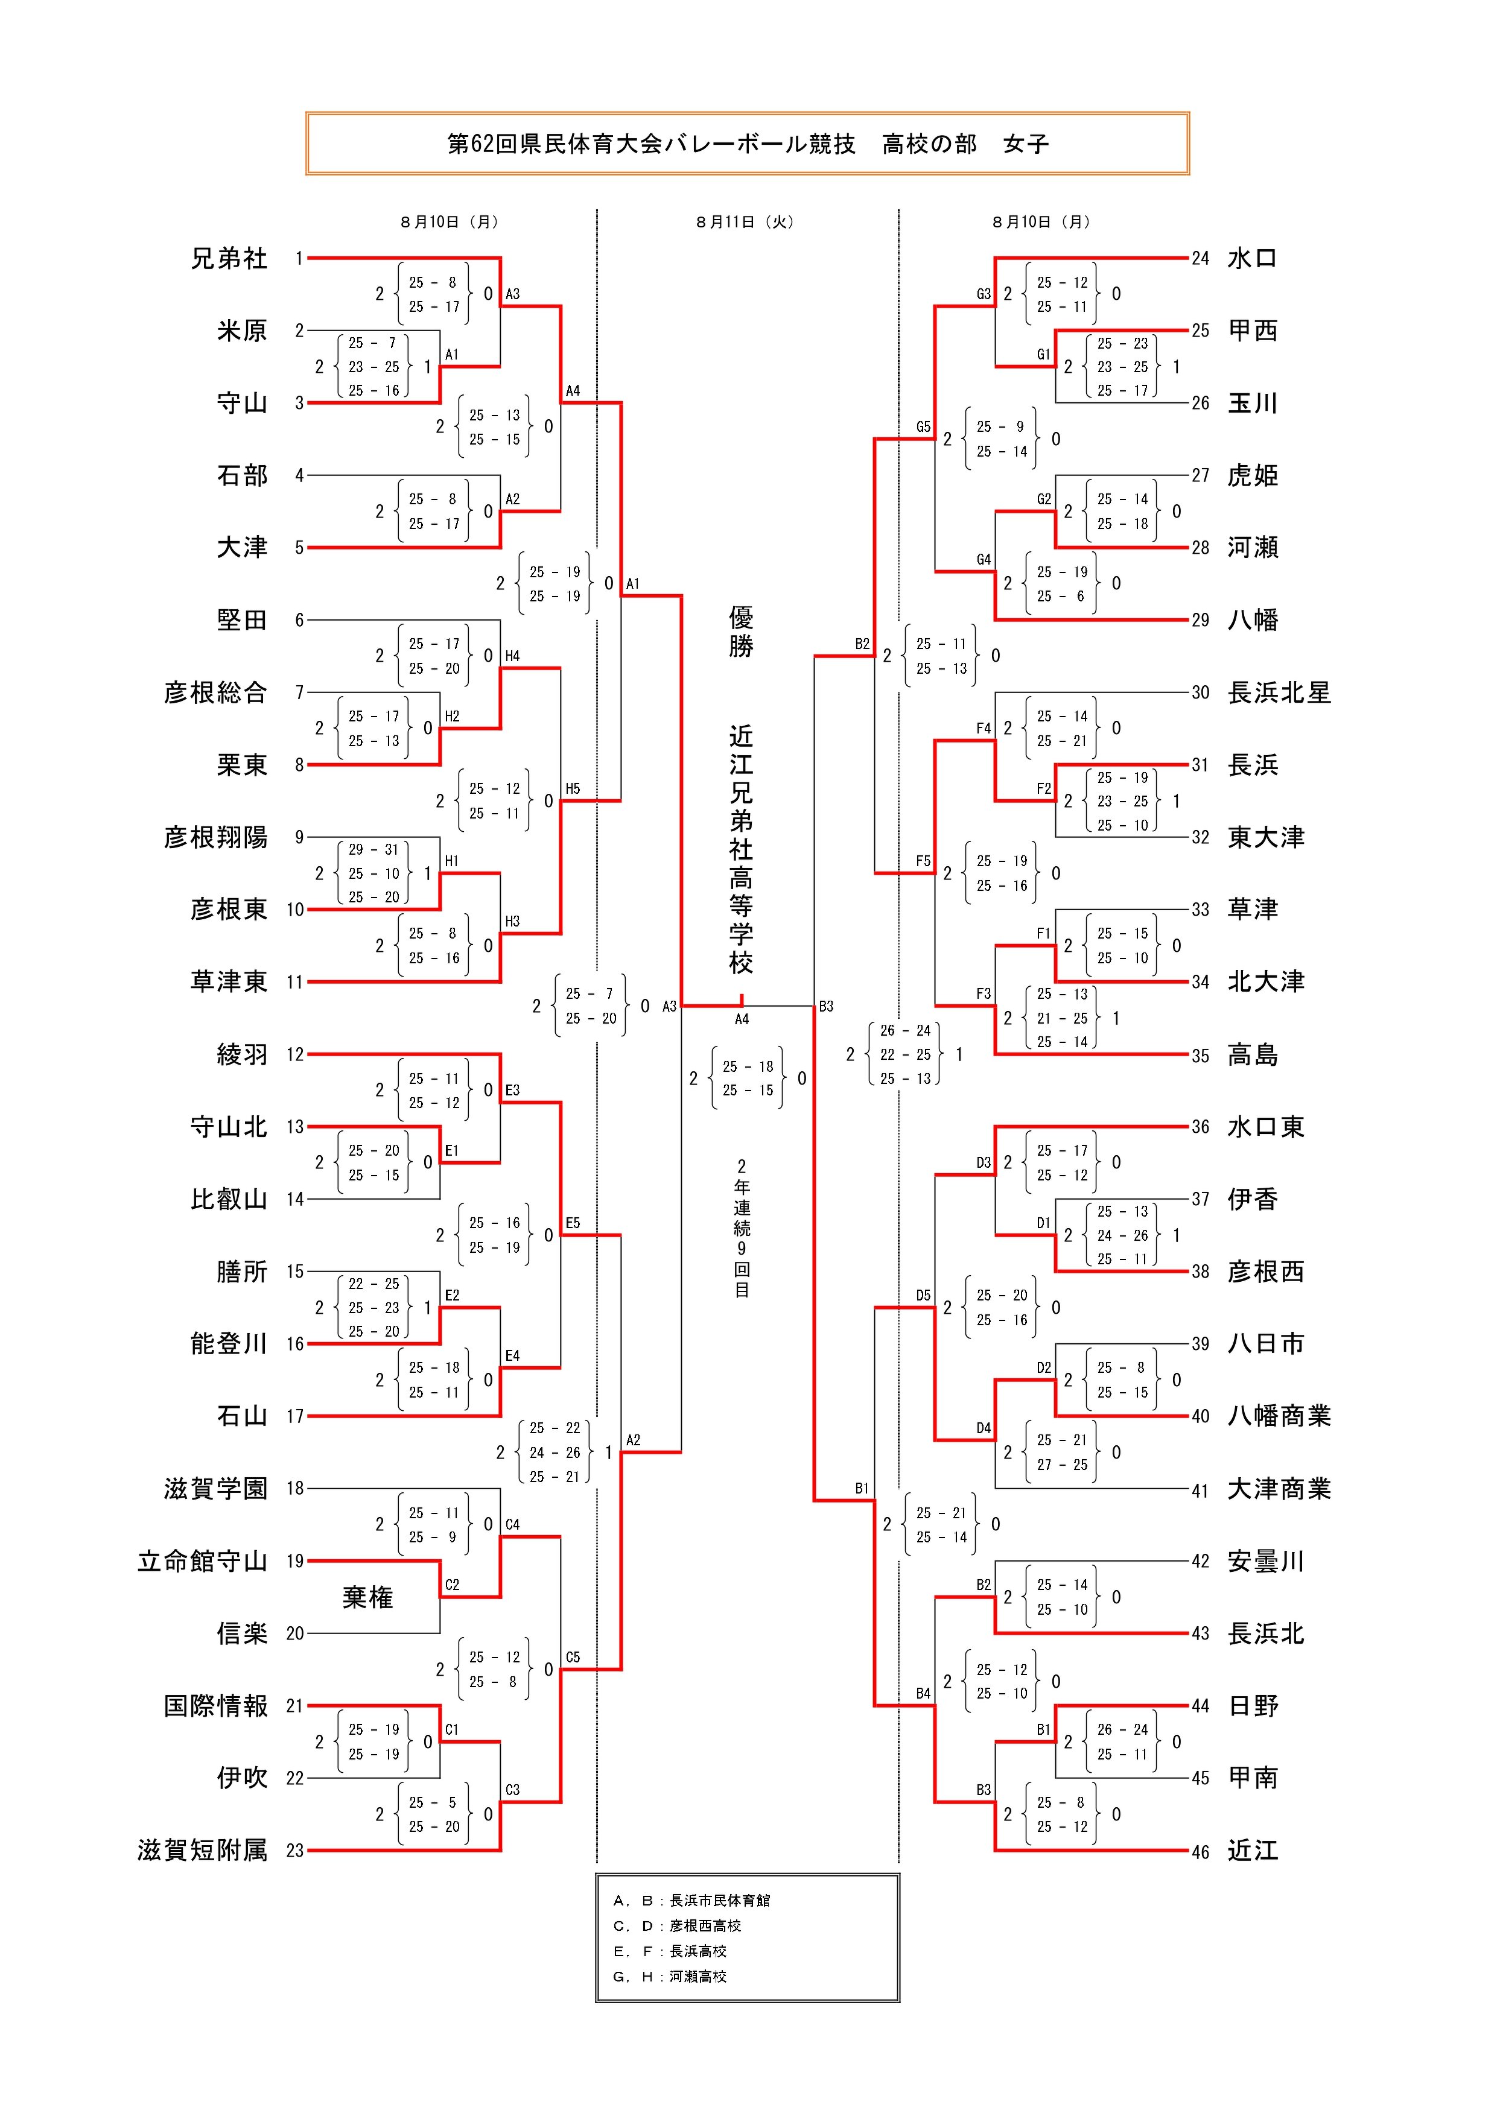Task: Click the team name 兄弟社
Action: (x=229, y=259)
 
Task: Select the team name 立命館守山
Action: (x=202, y=1561)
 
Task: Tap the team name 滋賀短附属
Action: (x=202, y=1851)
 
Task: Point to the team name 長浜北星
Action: (x=1279, y=693)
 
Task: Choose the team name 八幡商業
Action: (x=1279, y=1416)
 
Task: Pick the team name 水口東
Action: (x=1266, y=1127)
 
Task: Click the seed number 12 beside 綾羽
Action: (x=295, y=1054)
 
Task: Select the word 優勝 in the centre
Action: (x=741, y=632)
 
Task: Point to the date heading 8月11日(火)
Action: (x=745, y=222)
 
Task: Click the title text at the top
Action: (x=748, y=144)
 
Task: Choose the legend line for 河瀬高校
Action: (x=670, y=1977)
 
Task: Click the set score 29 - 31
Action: (x=373, y=850)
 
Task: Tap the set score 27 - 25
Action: (x=1062, y=1465)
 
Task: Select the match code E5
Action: (x=573, y=1223)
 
